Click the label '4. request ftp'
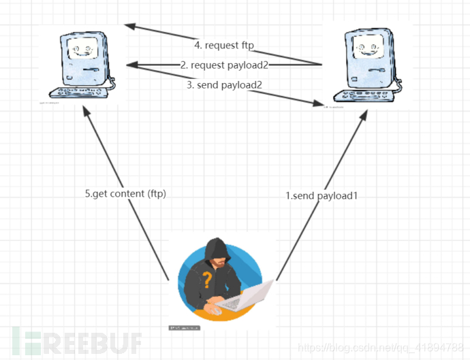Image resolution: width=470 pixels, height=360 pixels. click(x=225, y=46)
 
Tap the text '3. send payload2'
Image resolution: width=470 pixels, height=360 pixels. click(x=223, y=85)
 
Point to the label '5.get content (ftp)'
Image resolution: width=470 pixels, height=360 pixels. click(x=125, y=193)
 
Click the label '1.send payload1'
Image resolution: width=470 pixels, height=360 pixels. click(x=322, y=195)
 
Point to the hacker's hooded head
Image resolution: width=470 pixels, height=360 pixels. click(x=217, y=253)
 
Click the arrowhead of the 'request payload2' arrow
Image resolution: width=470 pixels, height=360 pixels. click(x=131, y=65)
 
